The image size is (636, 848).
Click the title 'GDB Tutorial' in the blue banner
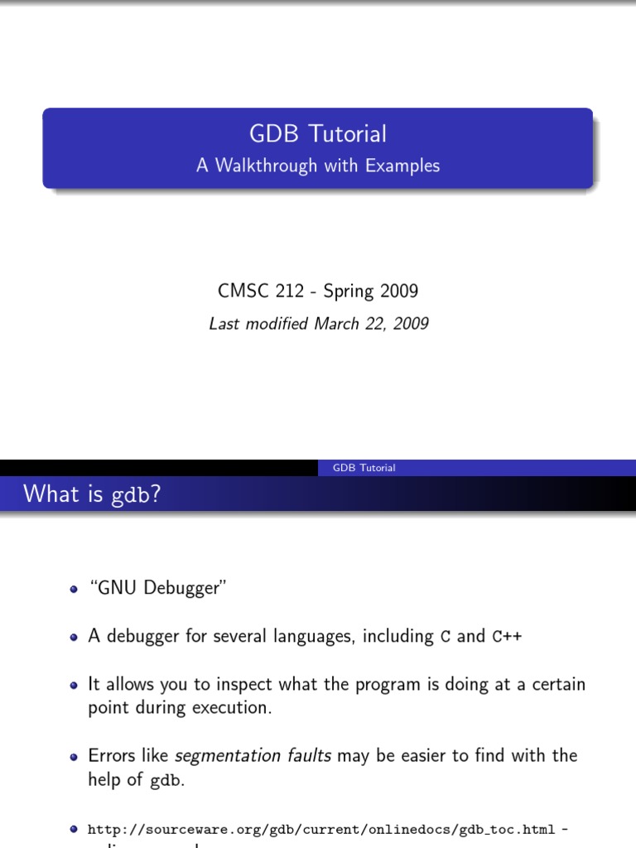[x=318, y=133]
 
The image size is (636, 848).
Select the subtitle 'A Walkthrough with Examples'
[x=318, y=166]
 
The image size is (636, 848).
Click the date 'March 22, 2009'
[x=371, y=324]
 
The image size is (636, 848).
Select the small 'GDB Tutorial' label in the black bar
[x=364, y=468]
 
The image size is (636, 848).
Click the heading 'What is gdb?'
[x=92, y=494]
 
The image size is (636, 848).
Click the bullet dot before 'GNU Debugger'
[x=74, y=590]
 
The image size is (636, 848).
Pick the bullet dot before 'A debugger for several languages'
[x=74, y=638]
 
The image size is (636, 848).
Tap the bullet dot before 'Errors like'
[x=74, y=757]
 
